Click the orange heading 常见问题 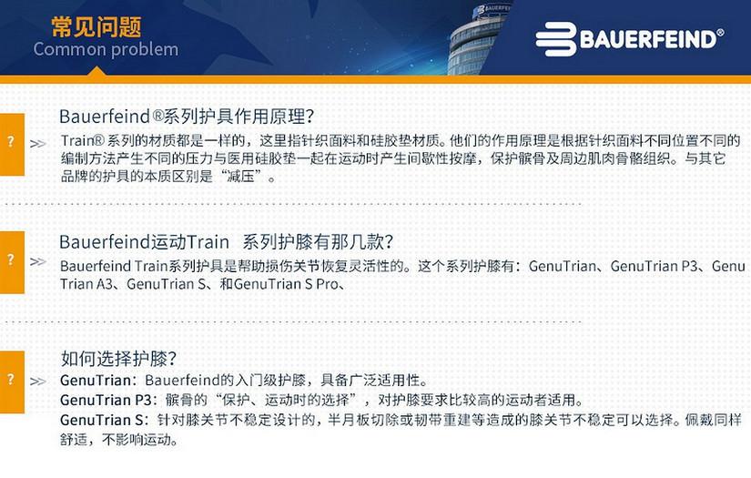coord(96,26)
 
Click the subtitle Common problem coord(106,49)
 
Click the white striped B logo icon coord(555,39)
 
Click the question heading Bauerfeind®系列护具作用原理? coord(187,117)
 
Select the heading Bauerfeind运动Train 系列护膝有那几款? coord(226,242)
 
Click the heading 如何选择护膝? coord(118,359)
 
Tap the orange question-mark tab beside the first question coord(12,144)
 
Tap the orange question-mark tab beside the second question coord(12,262)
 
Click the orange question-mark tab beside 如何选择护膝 coord(12,381)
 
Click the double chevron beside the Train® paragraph coord(38,144)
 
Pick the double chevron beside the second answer coord(38,261)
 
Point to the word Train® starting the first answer coord(82,141)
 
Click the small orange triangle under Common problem coord(97,72)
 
